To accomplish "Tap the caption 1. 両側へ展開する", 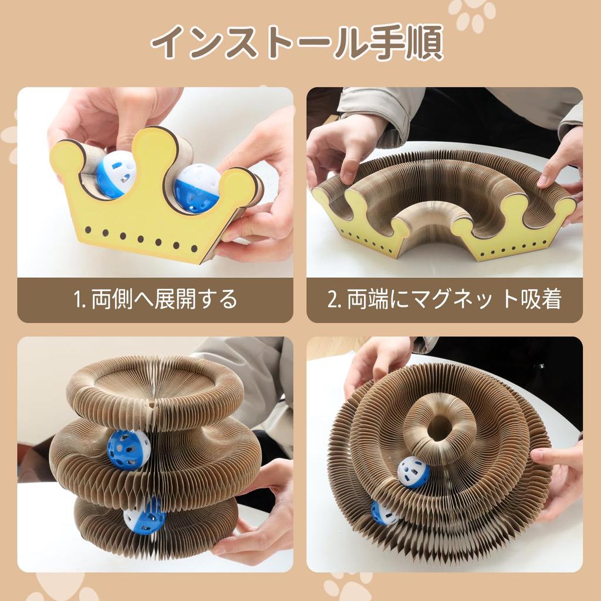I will pos(156,299).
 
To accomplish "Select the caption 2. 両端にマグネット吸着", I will pos(444,299).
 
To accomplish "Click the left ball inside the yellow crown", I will pos(116,174).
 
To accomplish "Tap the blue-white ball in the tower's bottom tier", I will pos(144,515).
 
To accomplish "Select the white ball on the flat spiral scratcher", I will pos(414,472).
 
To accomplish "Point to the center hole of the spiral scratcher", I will pos(439,427).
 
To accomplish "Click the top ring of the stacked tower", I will pos(154,386).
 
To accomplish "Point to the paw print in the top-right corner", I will pos(472,13).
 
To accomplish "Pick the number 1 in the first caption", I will pos(77,300).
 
